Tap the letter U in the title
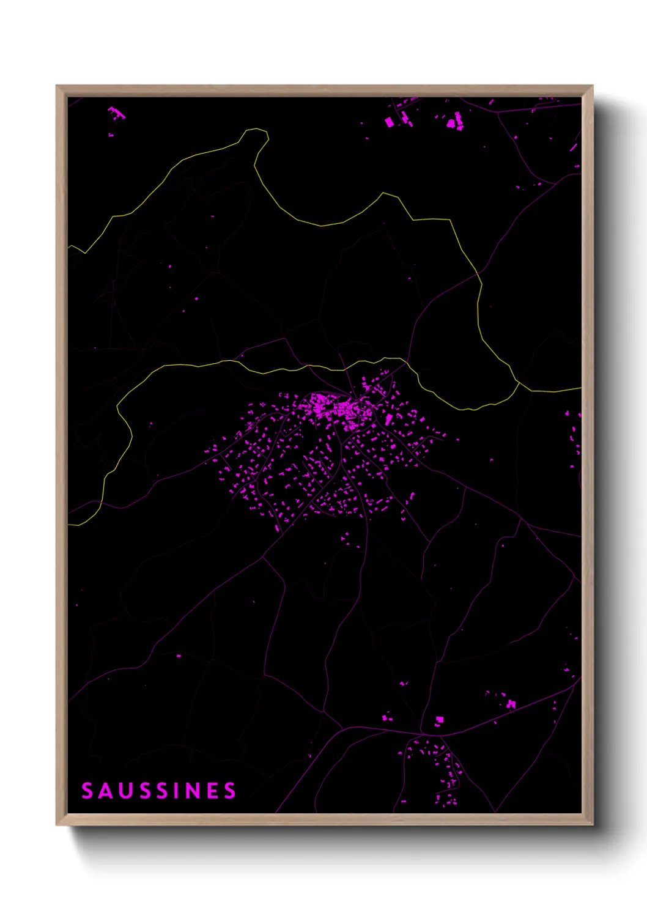pos(126,791)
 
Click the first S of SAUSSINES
pos(87,791)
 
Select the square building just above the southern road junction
pos(439,720)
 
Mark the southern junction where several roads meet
pos(422,733)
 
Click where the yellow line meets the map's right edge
pos(580,388)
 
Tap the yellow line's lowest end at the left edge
pos(69,524)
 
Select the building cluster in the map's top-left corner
pos(116,114)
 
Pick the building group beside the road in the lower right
pos(510,704)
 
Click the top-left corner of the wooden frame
pos(57,86)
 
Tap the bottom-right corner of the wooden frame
pos(592,824)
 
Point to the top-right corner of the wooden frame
pos(592,86)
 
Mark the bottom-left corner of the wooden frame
pos(57,824)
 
